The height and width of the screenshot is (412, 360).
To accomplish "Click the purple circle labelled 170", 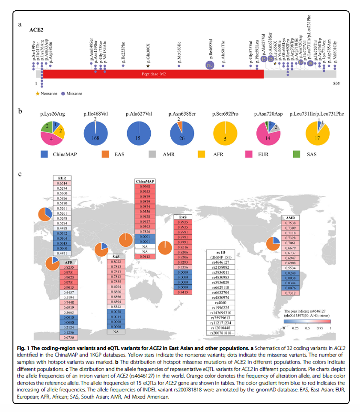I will (x=209, y=65).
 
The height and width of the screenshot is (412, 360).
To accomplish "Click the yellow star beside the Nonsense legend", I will (x=38, y=93).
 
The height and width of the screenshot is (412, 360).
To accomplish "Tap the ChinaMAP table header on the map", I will (x=145, y=181).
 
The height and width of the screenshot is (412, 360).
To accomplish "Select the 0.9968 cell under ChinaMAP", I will (x=145, y=186).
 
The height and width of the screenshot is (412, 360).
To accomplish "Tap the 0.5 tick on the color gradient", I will (x=307, y=327).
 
